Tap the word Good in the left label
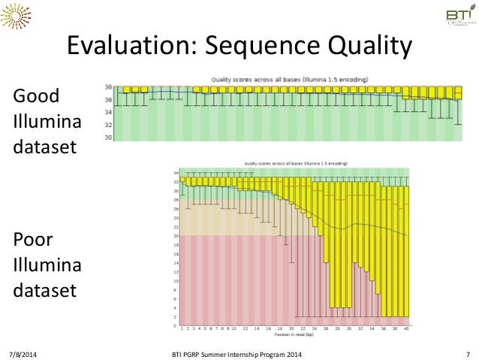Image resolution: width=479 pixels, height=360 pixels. [37, 97]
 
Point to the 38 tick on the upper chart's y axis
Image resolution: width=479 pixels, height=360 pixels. [108, 87]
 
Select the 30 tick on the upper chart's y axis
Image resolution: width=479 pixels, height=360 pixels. [108, 138]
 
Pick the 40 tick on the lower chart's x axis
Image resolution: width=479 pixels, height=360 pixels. [405, 328]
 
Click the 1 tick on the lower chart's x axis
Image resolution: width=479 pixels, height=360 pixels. [182, 328]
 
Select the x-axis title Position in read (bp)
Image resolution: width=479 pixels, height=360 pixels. [294, 334]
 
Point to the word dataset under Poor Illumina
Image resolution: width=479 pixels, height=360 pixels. [45, 289]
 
